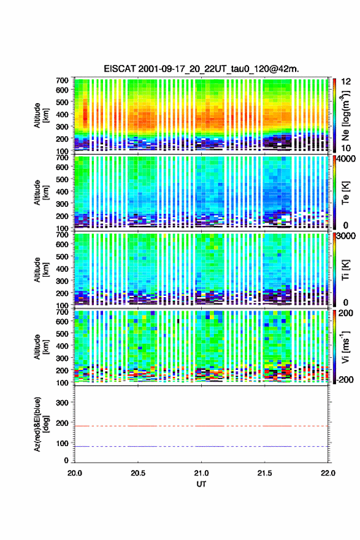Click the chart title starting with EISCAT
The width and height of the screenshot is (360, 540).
coord(201,69)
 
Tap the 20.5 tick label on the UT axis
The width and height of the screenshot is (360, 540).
coord(138,473)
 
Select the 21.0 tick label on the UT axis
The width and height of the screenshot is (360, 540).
coord(201,473)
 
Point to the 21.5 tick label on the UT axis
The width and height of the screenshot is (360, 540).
coord(265,473)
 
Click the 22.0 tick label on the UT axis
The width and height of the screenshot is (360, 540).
coord(327,473)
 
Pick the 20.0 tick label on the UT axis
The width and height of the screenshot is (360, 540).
coord(75,473)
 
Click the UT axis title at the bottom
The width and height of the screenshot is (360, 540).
coord(201,484)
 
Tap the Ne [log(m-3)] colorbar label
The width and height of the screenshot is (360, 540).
coord(345,115)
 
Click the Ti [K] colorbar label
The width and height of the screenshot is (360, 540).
coord(345,270)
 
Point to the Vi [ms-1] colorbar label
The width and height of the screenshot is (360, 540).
coord(345,347)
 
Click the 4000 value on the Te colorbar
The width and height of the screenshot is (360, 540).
coord(345,160)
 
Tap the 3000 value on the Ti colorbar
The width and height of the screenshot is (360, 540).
coord(345,236)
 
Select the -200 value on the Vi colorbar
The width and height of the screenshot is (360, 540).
coord(345,379)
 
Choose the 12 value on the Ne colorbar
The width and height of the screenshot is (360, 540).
coord(346,82)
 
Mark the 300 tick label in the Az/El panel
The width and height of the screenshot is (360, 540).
coord(62,403)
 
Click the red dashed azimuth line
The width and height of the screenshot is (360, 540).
coord(201,426)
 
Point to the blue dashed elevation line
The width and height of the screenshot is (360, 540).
coord(201,446)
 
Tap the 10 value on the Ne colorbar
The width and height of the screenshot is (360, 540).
coord(346,148)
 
